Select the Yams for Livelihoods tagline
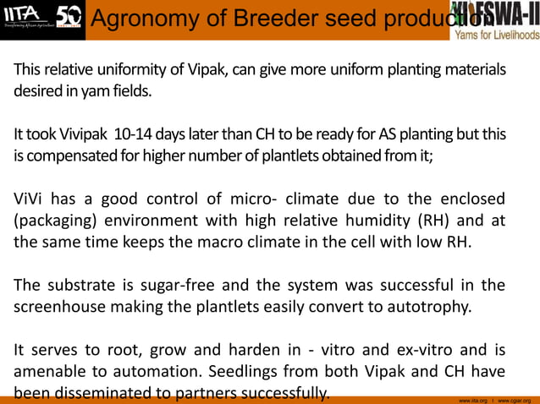tap(496, 35)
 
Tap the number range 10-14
tap(135, 134)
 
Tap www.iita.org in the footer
tap(472, 399)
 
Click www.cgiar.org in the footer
tap(515, 399)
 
